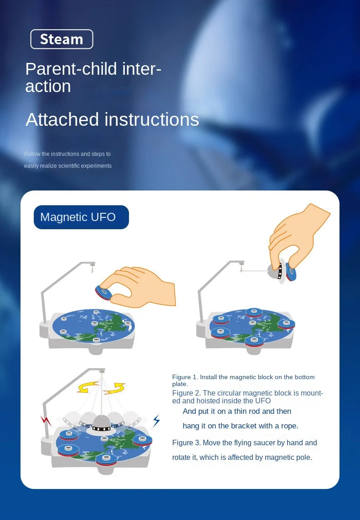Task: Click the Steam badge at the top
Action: pos(62,39)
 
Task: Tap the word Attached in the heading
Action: pos(62,120)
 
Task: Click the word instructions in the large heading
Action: pos(151,120)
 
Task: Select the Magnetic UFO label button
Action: pos(81,217)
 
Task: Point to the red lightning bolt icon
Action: pos(46,420)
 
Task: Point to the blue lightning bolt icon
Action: pos(156,420)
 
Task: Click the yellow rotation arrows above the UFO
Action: pos(101,388)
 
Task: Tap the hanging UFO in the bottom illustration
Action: pos(101,424)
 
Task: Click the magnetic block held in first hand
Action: pos(104,293)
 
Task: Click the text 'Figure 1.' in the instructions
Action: pos(185,377)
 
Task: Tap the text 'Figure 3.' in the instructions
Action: pos(186,443)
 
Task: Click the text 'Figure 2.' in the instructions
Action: pos(186,393)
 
